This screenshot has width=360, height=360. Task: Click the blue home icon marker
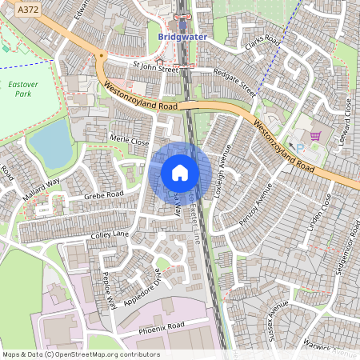[x=180, y=173]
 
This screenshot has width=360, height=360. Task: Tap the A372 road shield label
[x=27, y=8]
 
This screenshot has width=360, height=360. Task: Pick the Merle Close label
[x=130, y=140]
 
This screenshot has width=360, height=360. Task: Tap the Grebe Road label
[x=104, y=195]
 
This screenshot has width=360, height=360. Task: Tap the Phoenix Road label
[x=161, y=326]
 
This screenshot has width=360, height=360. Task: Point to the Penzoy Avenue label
[x=255, y=203]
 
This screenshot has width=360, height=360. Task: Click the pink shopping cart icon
[x=315, y=137]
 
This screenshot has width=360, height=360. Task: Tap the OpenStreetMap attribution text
[x=81, y=354]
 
